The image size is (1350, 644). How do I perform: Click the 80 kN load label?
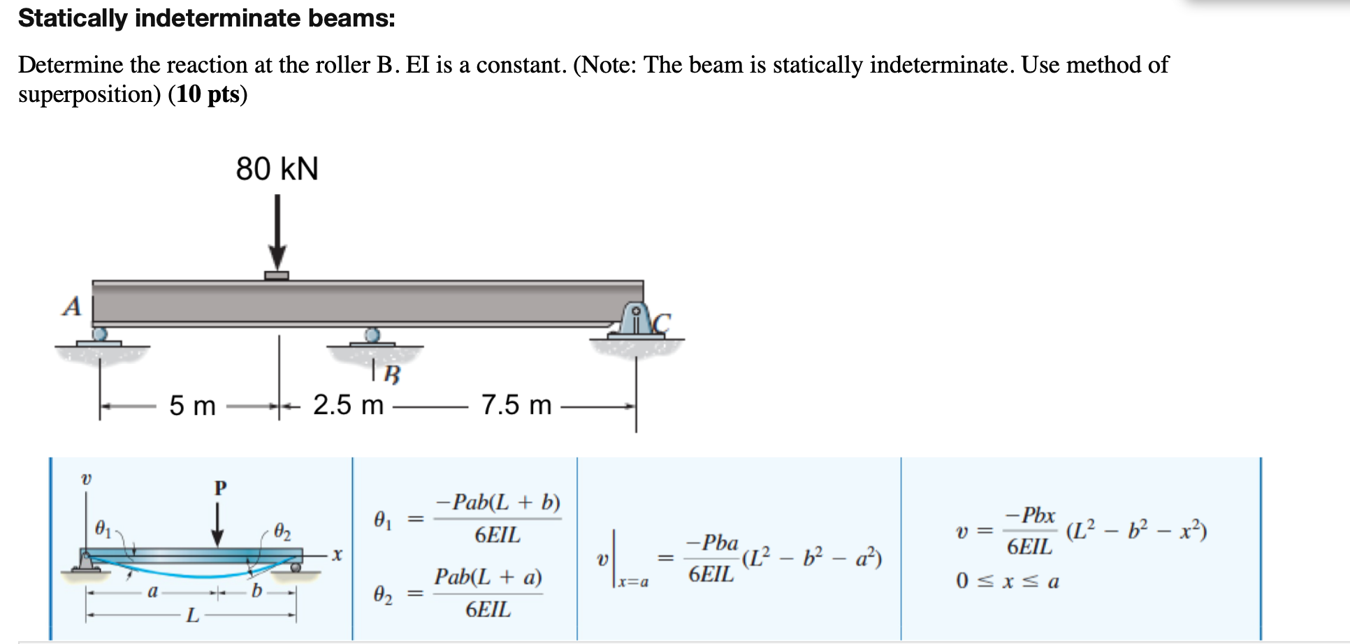click(277, 168)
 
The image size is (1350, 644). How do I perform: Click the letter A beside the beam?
click(71, 306)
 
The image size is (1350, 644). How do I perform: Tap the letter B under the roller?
click(393, 375)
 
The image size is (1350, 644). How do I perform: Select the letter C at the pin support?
click(661, 323)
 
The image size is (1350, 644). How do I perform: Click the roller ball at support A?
click(100, 334)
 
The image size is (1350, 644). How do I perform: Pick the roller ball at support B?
click(372, 335)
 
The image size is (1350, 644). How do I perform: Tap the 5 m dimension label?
click(192, 405)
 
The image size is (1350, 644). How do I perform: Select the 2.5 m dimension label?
click(348, 404)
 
